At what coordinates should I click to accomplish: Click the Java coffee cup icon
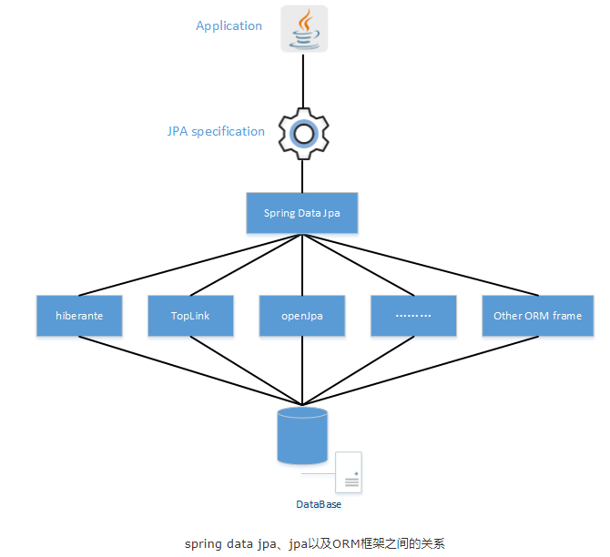click(303, 28)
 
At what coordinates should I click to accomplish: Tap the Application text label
click(229, 25)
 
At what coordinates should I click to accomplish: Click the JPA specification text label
click(216, 131)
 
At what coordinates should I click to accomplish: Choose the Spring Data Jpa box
click(301, 213)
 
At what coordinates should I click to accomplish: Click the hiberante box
click(79, 316)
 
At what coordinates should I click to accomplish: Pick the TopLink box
click(190, 316)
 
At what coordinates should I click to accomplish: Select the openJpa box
click(302, 316)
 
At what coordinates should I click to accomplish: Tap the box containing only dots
click(413, 316)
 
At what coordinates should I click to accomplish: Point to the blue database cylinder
click(301, 436)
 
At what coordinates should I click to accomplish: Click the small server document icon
click(348, 473)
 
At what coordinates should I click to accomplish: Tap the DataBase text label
click(319, 503)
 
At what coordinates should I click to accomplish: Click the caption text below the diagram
click(314, 543)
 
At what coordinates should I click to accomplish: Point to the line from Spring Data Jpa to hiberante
click(191, 265)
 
